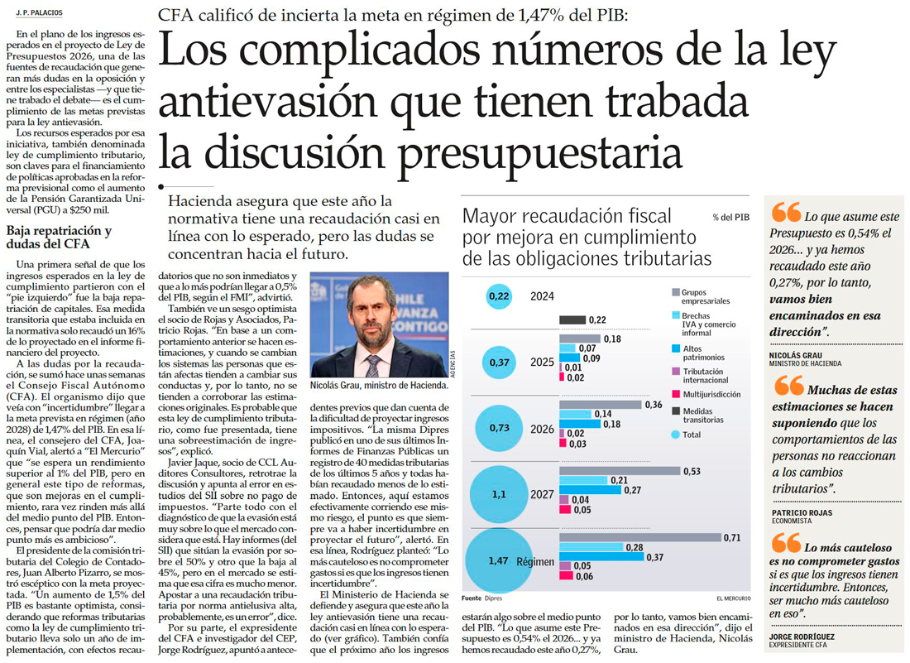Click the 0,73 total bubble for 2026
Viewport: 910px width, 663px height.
[499, 427]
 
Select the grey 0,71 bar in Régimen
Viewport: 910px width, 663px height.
[639, 538]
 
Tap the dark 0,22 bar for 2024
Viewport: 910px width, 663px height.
[572, 320]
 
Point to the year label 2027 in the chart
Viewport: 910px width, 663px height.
[542, 494]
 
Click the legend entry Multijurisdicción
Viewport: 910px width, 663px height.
[711, 395]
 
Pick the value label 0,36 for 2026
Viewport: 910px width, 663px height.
[653, 405]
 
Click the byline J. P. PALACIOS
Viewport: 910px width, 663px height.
[39, 12]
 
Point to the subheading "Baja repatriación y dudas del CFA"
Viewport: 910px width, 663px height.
[58, 238]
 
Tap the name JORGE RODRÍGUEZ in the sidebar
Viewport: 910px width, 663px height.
[802, 637]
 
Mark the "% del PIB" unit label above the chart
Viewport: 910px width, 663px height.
[730, 217]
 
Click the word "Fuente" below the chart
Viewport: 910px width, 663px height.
[472, 597]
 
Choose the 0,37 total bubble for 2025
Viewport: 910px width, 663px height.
[499, 363]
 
